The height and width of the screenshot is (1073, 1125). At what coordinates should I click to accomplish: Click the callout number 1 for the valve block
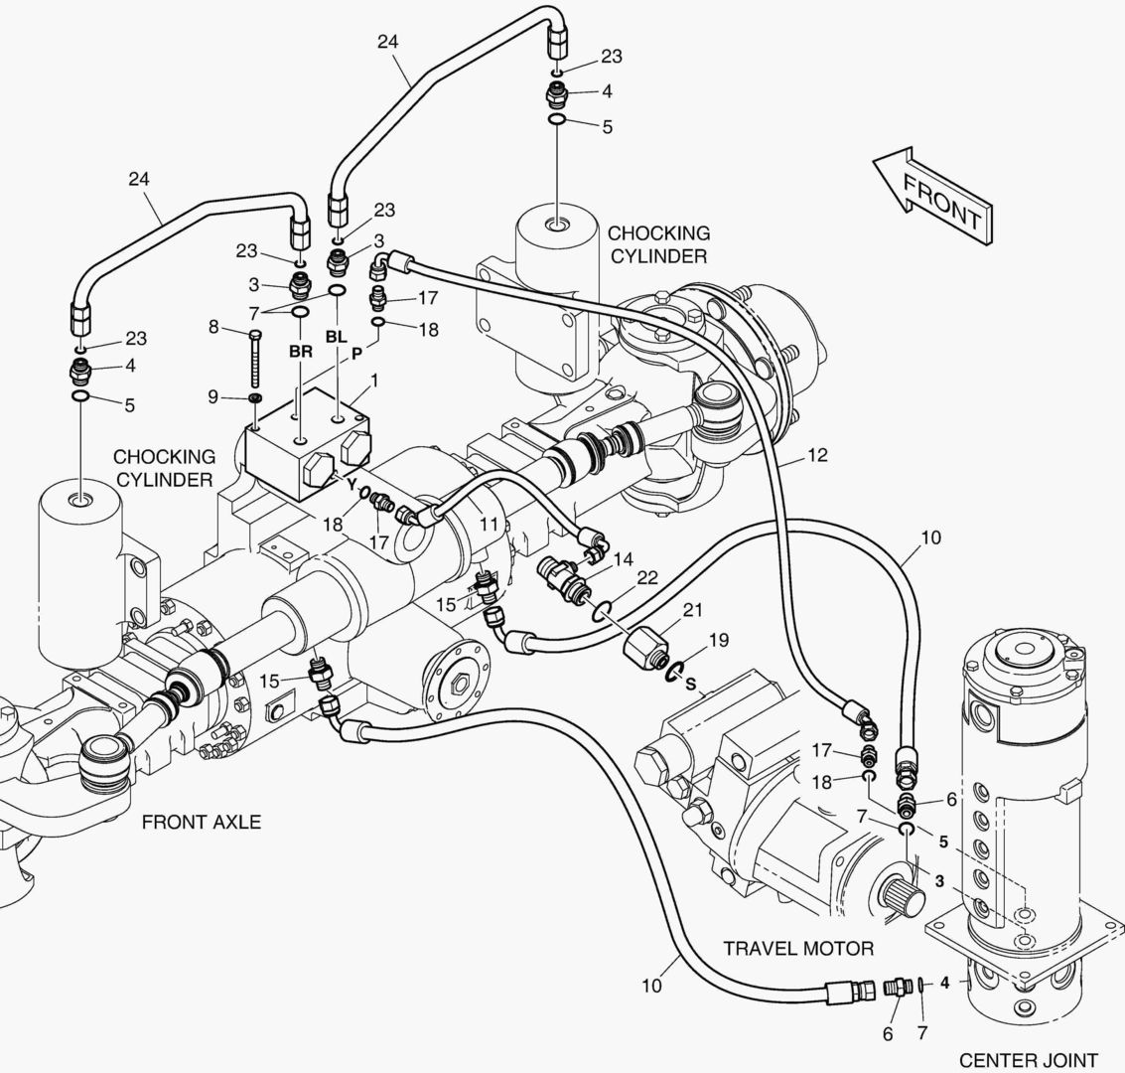point(374,380)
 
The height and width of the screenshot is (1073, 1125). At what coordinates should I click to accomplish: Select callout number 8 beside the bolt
point(212,326)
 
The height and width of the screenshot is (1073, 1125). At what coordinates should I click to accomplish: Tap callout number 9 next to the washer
point(212,396)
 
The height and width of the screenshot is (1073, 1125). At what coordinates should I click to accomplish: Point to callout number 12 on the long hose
point(816,456)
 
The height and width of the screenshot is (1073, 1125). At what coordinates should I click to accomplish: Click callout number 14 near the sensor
point(623,559)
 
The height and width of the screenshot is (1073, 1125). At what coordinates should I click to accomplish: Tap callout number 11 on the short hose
point(488,521)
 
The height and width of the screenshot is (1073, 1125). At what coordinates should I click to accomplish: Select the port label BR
point(300,352)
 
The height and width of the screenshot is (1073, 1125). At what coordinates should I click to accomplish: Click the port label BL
point(336,337)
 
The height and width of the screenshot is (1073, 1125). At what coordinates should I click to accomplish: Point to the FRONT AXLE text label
point(202,822)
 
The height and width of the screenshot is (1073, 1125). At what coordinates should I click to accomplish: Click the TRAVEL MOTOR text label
point(797,948)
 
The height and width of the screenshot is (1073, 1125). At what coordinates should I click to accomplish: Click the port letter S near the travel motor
point(690,685)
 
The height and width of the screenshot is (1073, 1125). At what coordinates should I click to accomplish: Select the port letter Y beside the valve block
point(351,484)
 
